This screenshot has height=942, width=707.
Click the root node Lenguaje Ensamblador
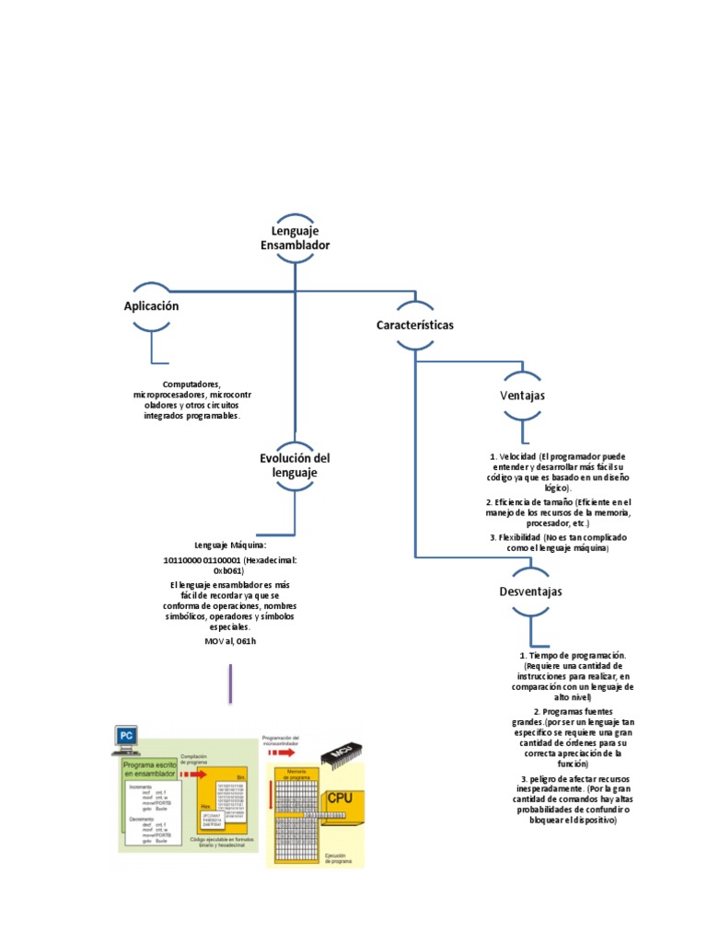[295, 238]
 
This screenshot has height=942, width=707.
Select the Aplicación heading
[151, 306]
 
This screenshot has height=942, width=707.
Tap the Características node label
[414, 326]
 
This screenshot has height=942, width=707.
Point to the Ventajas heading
[522, 395]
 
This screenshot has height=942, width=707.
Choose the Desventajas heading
[530, 592]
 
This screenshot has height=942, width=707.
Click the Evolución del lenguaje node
[295, 465]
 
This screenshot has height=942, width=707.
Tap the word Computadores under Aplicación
[191, 384]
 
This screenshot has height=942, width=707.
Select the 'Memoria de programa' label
[296, 772]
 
